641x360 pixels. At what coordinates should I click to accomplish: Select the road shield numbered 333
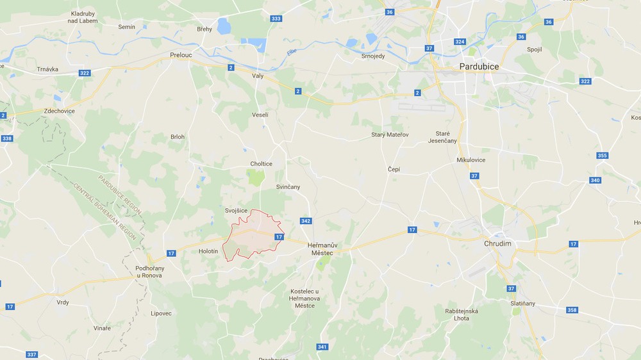276,19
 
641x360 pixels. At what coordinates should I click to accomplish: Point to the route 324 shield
459,42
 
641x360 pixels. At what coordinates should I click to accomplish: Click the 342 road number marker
306,221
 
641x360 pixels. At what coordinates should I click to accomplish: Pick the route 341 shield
322,347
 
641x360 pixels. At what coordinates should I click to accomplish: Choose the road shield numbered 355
602,156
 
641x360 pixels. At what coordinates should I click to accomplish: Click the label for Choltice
261,164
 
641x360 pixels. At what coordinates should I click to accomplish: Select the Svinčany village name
288,186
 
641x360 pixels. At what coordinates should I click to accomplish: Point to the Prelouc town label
181,55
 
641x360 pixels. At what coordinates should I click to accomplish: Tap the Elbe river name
292,52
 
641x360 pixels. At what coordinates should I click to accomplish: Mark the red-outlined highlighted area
254,238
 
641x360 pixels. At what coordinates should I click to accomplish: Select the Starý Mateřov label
390,135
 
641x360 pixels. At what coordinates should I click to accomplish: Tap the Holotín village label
208,251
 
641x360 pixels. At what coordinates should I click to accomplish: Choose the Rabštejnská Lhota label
462,315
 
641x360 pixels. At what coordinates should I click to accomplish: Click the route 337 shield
31,354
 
